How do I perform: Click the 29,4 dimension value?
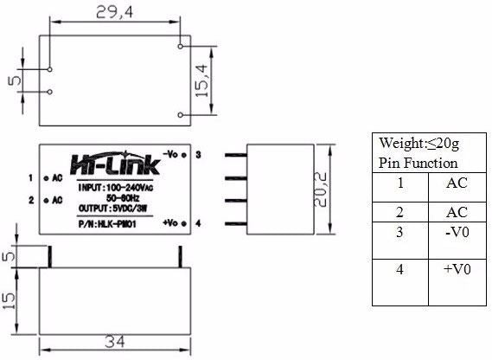[x=114, y=13]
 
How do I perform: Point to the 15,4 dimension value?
[x=201, y=80]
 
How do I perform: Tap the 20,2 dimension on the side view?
[x=321, y=190]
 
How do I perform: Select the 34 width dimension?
[x=115, y=342]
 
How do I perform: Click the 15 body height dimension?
[x=9, y=300]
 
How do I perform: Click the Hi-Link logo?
[x=115, y=164]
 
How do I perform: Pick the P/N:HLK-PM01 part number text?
[x=107, y=224]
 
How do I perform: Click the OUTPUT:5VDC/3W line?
[x=112, y=209]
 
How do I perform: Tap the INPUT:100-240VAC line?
[x=116, y=188]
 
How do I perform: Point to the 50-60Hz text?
[x=123, y=198]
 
